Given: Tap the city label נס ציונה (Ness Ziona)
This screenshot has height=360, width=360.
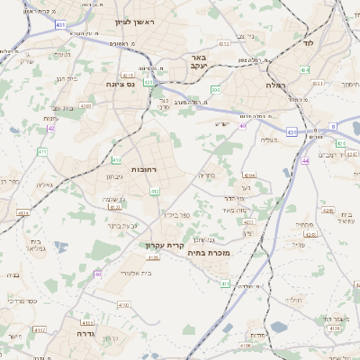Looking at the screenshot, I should [121, 84].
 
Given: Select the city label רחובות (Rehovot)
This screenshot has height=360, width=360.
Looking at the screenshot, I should [145, 168].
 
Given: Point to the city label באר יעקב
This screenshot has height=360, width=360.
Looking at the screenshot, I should [200, 60].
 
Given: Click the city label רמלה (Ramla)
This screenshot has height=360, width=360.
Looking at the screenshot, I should [275, 84].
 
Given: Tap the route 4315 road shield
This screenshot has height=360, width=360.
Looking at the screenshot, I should [128, 76].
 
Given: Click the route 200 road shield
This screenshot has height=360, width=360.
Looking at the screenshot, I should [216, 90].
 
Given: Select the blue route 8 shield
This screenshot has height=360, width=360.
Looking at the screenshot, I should [332, 126].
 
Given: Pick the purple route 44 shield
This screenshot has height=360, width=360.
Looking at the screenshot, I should [306, 160].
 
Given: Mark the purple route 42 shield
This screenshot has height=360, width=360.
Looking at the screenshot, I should [50, 129].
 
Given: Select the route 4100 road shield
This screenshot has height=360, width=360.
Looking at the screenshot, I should [123, 305].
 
